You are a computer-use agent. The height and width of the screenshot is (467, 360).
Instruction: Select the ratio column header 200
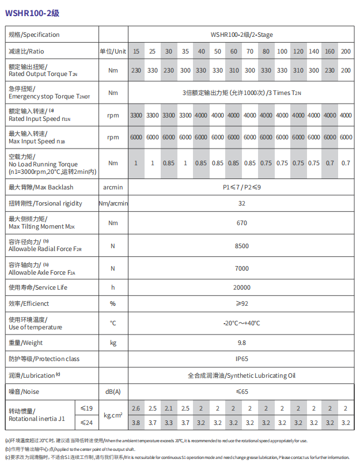(346, 51)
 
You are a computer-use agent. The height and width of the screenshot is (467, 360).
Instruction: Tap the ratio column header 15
(136, 51)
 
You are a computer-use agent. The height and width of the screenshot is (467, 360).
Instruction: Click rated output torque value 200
(346, 71)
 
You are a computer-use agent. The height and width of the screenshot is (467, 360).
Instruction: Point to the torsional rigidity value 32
(241, 203)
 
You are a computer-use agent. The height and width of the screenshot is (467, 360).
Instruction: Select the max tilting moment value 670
(241, 223)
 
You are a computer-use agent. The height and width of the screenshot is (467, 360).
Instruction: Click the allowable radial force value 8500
(241, 246)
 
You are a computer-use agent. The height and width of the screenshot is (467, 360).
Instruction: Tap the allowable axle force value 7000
(241, 268)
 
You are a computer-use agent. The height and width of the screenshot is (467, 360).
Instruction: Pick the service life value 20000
(241, 287)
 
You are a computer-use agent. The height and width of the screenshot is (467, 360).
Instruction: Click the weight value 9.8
(241, 343)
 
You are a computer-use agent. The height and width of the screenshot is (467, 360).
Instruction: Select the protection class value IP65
(241, 359)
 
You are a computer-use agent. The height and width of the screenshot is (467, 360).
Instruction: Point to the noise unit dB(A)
(113, 392)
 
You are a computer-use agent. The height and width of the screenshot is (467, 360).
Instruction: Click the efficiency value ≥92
(241, 303)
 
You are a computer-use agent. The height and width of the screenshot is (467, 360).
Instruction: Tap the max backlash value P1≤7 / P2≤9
(241, 187)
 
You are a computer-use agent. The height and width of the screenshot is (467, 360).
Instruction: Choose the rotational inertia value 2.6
(136, 408)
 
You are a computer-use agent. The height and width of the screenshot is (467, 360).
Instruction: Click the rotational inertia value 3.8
(136, 423)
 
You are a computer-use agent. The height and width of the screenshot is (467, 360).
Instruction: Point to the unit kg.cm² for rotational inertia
(113, 415)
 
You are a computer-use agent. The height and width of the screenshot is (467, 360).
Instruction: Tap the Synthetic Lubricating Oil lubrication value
(241, 375)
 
